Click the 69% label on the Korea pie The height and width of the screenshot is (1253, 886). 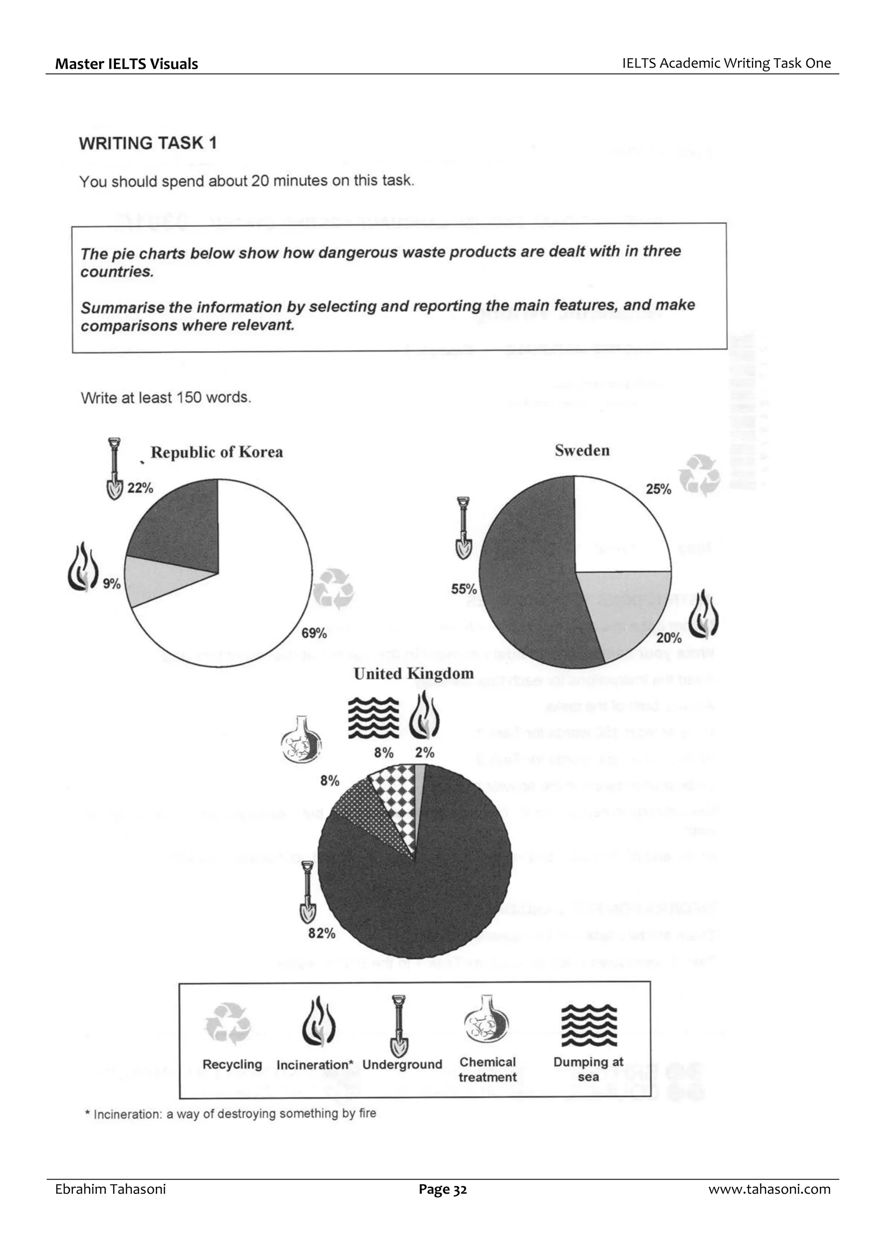point(314,634)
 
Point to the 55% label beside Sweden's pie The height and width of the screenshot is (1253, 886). point(463,590)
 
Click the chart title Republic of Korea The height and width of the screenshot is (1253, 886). point(217,452)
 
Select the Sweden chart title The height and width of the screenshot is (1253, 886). point(582,451)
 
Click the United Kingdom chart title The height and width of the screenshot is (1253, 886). point(413,673)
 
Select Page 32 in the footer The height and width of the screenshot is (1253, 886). point(443,1189)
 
